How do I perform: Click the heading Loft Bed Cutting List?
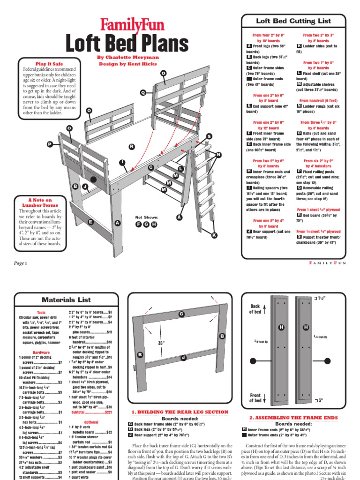click(293, 21)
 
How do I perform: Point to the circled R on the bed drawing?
click(132, 147)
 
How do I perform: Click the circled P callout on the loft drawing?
click(50, 145)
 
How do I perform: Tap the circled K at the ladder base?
click(214, 235)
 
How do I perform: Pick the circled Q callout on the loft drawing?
click(143, 92)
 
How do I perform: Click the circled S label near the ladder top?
click(209, 136)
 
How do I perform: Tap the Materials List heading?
click(67, 299)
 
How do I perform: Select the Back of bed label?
click(255, 309)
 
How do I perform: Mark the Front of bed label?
click(255, 398)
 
